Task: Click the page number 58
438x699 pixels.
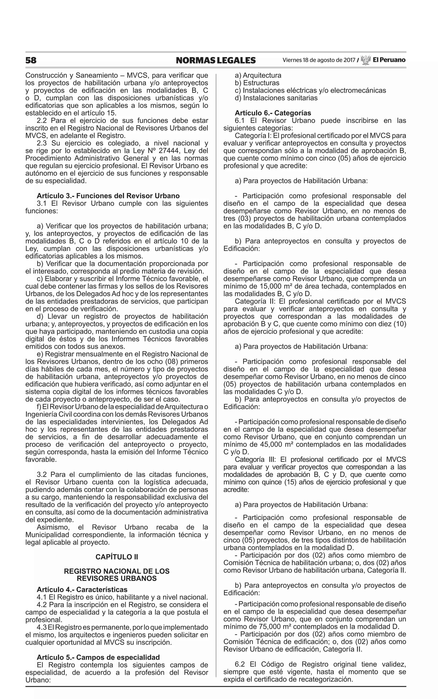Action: pos(31,60)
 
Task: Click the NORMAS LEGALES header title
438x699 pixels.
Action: pos(216,60)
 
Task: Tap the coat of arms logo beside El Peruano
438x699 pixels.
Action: pos(366,60)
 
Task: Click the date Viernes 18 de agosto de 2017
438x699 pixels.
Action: pos(318,60)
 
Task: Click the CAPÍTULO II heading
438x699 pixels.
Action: pos(117,557)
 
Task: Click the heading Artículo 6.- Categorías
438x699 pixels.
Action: pos(273,113)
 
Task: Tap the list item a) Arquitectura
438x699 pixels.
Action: pos(258,75)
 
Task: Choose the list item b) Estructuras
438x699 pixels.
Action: pos(257,83)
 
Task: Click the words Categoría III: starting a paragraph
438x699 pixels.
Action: pos(256,459)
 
